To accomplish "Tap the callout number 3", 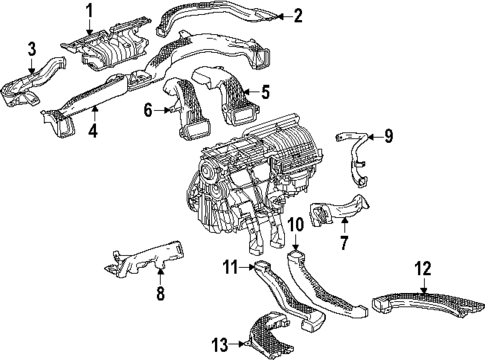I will [x=32, y=48].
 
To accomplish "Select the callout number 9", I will [x=389, y=136].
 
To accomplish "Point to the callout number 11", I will [x=229, y=267].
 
